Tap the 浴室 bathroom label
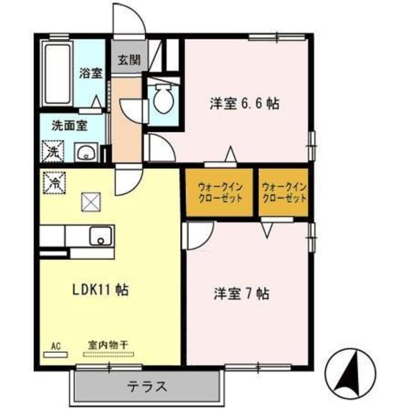pyautogui.click(x=91, y=72)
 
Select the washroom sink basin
pyautogui.click(x=85, y=152)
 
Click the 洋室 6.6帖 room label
pyautogui.click(x=244, y=103)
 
